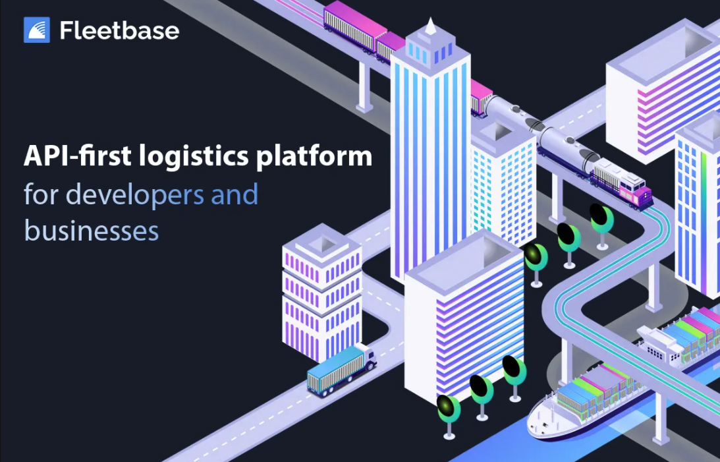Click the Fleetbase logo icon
pyautogui.click(x=37, y=30)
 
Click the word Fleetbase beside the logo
pyautogui.click(x=119, y=30)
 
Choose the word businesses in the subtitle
pyautogui.click(x=91, y=231)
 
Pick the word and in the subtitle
pyautogui.click(x=234, y=194)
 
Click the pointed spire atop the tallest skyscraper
pyautogui.click(x=431, y=26)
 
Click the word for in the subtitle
pyautogui.click(x=42, y=194)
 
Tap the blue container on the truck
pyautogui.click(x=333, y=370)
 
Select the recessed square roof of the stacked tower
pyautogui.click(x=321, y=245)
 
